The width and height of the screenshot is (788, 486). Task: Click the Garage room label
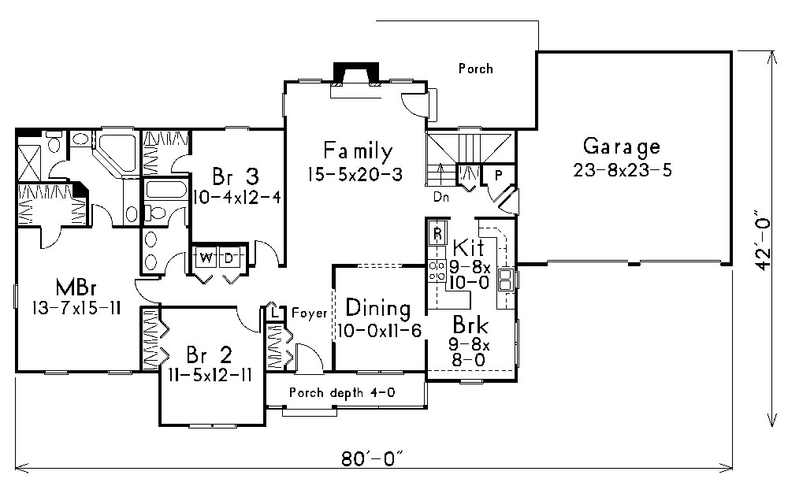(621, 147)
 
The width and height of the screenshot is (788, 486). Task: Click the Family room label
(357, 150)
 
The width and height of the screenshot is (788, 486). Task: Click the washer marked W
(205, 258)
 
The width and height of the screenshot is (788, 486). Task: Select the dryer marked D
(229, 258)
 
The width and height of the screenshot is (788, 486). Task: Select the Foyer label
(309, 313)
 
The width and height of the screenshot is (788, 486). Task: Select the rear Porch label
(475, 69)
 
